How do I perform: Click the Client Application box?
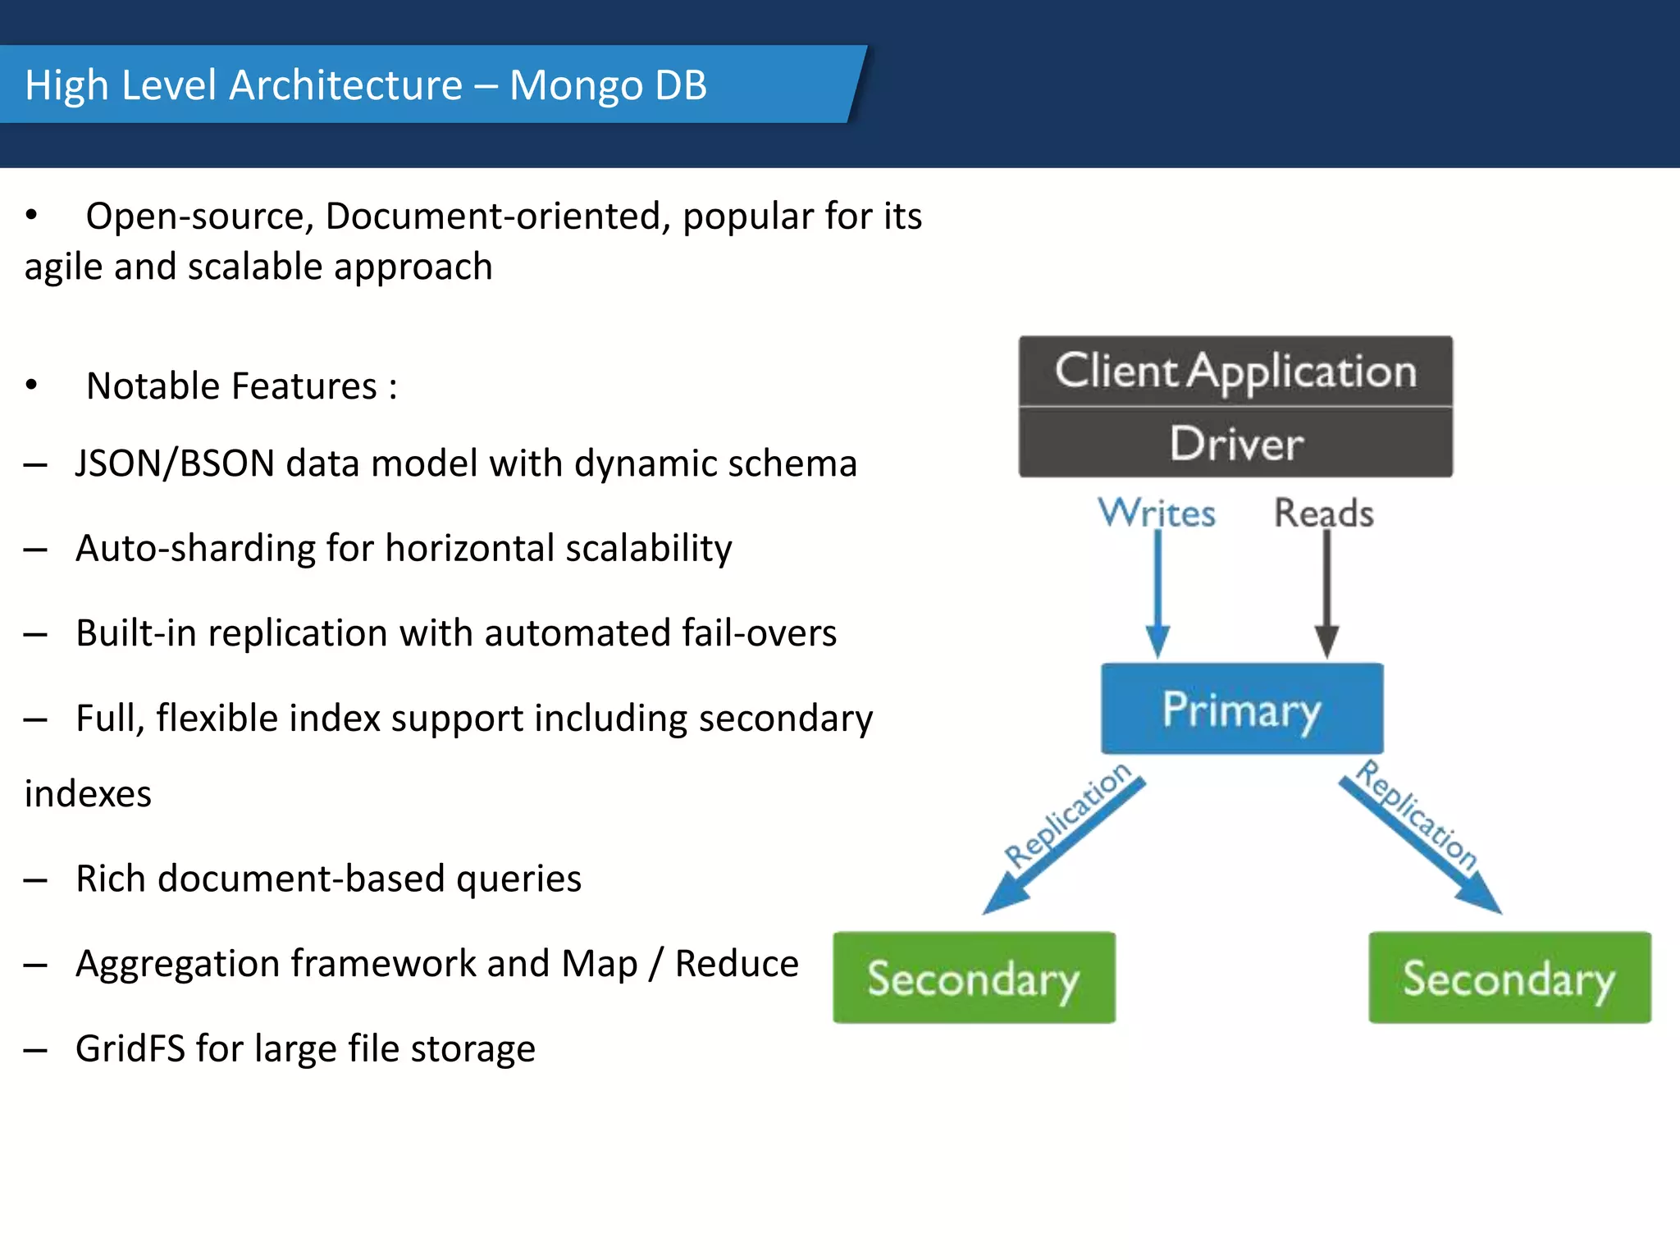[x=1235, y=371]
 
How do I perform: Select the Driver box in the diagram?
[x=1235, y=444]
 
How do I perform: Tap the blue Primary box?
[x=1241, y=709]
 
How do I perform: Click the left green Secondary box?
[x=974, y=978]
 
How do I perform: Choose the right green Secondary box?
[x=1509, y=978]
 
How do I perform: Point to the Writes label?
[x=1157, y=514]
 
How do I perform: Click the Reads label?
[x=1323, y=514]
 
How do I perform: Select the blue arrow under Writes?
[x=1157, y=591]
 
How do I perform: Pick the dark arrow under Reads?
[x=1326, y=591]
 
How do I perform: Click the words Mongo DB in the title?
[x=608, y=85]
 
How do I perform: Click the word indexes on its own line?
[x=88, y=794]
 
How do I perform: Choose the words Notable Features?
[x=231, y=386]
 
